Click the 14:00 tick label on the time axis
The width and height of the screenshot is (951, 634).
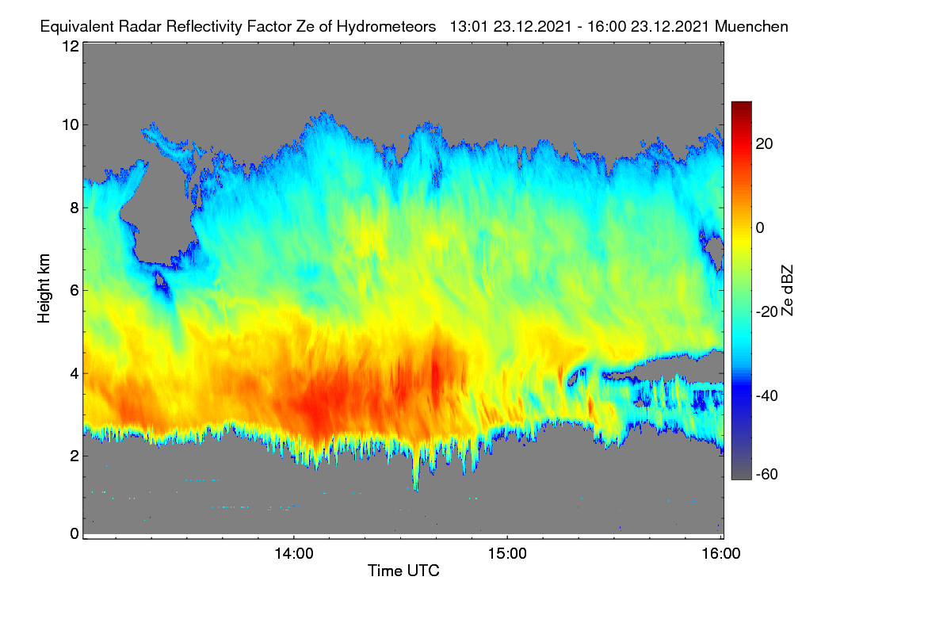294,554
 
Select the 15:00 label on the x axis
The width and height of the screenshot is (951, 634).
507,554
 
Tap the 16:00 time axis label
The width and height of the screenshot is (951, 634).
721,554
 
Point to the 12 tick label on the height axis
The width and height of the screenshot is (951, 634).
71,46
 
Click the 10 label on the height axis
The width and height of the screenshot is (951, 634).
71,125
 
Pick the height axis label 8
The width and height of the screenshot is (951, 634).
74,208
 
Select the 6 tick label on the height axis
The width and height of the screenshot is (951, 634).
74,291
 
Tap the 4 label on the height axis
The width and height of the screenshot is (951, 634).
74,374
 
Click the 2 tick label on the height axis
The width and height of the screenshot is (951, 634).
74,456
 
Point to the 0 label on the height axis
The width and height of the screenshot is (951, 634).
74,534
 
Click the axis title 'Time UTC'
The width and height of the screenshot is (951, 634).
403,571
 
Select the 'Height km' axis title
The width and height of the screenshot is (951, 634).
44,288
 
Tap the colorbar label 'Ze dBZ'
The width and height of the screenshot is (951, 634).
787,291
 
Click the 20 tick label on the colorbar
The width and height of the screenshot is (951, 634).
764,144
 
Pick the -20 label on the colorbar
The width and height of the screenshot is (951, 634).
767,312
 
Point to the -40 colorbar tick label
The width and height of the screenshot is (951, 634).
767,395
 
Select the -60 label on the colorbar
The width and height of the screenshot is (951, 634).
767,475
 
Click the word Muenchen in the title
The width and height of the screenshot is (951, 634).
751,27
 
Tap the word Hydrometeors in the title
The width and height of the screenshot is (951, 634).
386,27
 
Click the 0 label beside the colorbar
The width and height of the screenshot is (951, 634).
760,228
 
